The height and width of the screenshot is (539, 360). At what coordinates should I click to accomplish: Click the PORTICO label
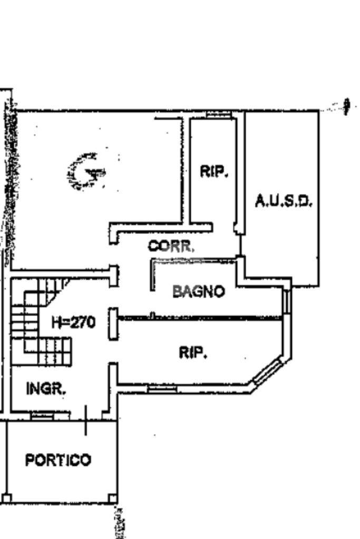58,460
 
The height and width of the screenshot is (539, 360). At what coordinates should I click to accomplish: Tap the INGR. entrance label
45,389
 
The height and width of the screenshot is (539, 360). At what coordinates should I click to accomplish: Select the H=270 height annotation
73,322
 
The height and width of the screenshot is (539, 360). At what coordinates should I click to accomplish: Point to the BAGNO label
198,291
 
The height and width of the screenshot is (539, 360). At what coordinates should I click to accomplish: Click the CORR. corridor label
171,246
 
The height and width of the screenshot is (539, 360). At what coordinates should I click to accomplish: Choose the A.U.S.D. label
284,201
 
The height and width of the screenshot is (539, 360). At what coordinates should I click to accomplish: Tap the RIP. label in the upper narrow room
214,171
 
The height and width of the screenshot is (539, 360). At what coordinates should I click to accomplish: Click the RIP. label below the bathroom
193,352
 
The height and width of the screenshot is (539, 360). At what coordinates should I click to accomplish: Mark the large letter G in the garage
86,172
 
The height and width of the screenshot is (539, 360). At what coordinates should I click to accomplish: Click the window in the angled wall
268,371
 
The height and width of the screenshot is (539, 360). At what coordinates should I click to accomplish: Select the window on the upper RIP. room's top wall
218,114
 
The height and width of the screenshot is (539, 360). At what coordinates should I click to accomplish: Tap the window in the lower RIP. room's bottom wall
162,389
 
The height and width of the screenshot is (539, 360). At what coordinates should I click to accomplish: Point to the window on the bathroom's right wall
287,301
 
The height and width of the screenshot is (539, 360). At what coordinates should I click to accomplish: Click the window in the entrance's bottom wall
42,416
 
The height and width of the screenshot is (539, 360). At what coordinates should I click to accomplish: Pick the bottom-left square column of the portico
7,498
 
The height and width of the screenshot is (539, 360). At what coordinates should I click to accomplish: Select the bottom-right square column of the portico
112,498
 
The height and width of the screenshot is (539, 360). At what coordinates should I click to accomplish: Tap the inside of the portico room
62,481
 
